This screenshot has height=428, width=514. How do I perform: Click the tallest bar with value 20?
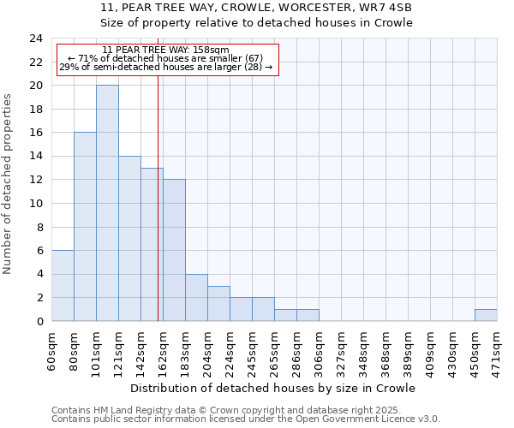107,203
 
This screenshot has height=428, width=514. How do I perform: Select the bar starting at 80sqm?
85,227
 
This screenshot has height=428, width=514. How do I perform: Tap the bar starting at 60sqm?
63,286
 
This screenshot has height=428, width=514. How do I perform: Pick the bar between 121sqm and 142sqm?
129,239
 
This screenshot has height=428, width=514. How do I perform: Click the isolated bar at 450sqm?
486,315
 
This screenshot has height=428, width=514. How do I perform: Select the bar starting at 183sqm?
196,298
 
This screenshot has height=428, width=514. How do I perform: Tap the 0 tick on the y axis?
39,322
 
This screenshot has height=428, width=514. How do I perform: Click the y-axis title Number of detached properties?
8,184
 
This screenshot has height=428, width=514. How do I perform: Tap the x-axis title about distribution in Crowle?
274,388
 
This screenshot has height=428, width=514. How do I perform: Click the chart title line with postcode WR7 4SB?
256,8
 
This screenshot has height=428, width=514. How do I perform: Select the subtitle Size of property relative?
256,23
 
